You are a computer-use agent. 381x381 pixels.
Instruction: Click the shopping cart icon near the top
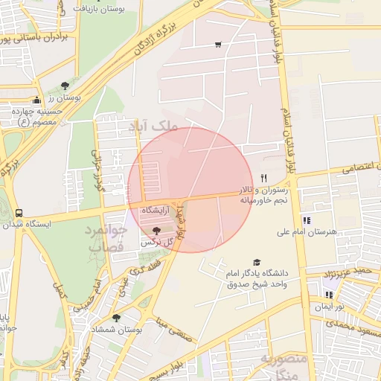pos(217,45)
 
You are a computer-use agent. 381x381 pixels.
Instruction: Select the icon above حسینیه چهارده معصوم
pos(36,100)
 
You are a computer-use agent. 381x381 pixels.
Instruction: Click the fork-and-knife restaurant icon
pos(263,177)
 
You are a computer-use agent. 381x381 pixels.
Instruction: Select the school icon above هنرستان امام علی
pos(307,220)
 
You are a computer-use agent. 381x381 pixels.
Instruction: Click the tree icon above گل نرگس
pos(156,231)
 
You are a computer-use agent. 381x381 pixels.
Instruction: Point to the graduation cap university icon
pos(257,263)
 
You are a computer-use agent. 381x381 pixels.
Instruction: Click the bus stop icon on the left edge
pos(19,212)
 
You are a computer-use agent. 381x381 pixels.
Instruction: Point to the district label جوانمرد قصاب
pos(106,238)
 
